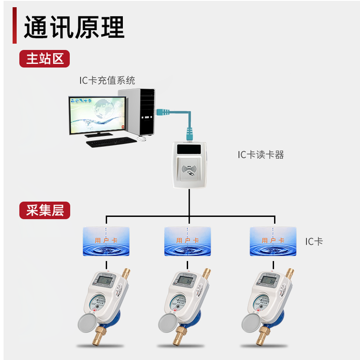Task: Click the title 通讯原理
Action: pyautogui.click(x=74, y=27)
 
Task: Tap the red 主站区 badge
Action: pyautogui.click(x=45, y=59)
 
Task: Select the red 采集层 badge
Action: pyautogui.click(x=45, y=210)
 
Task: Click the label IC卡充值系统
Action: pyautogui.click(x=107, y=80)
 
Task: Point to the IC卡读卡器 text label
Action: pyautogui.click(x=261, y=155)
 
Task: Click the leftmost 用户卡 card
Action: pyautogui.click(x=106, y=241)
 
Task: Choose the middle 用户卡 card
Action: pyautogui.click(x=187, y=241)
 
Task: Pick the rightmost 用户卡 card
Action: pyautogui.click(x=273, y=241)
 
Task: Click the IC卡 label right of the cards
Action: pyautogui.click(x=314, y=241)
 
